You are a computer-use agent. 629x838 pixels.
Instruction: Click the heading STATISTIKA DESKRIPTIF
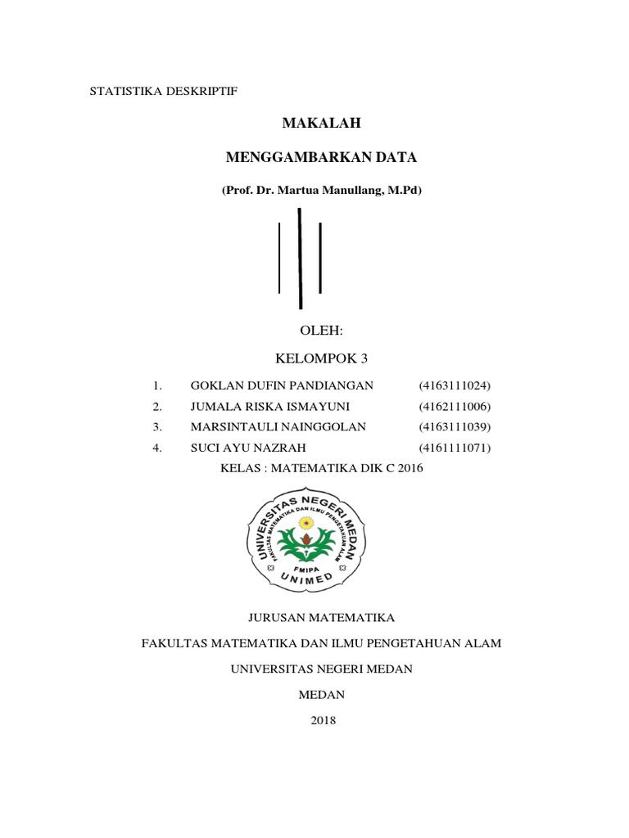pyautogui.click(x=162, y=92)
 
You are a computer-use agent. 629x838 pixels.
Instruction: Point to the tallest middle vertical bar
pyautogui.click(x=300, y=258)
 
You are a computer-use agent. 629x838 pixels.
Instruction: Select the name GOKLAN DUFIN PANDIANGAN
pyautogui.click(x=282, y=385)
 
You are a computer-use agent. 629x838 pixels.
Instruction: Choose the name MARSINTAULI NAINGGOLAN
pyautogui.click(x=278, y=427)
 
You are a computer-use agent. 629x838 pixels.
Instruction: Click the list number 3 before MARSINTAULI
pyautogui.click(x=156, y=427)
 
